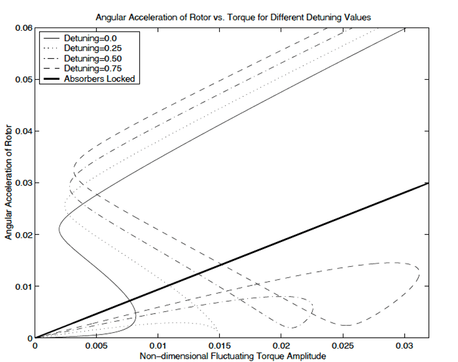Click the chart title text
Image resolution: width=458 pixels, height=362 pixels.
tap(233, 17)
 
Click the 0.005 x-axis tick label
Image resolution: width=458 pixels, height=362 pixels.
tap(96, 347)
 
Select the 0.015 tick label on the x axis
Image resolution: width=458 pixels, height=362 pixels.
tap(220, 347)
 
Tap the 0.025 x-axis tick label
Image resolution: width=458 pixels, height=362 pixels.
tap(343, 347)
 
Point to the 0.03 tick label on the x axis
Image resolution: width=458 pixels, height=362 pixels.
tap(405, 347)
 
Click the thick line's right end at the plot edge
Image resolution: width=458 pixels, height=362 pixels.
tap(428, 183)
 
